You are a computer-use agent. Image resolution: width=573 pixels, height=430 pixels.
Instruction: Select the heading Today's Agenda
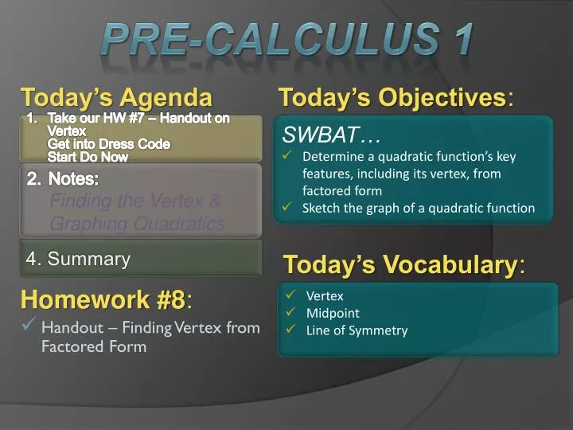[116, 98]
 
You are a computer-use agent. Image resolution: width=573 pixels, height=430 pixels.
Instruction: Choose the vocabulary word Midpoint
[333, 313]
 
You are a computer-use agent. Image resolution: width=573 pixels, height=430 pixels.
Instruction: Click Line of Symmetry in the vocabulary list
[357, 330]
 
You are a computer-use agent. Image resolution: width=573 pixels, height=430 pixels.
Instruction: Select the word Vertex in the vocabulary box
[325, 296]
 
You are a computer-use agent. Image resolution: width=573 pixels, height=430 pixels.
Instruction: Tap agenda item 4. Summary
[78, 259]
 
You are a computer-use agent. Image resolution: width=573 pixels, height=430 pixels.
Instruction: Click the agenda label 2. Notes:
[63, 179]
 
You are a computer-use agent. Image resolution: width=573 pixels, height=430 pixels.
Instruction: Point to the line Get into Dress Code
[108, 144]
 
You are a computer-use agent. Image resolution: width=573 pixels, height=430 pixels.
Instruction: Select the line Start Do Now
[88, 157]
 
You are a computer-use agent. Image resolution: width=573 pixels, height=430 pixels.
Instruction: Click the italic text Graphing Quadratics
[137, 224]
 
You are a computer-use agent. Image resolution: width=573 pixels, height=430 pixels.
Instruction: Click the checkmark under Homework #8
[29, 325]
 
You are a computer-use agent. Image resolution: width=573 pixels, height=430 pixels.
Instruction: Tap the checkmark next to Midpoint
[291, 313]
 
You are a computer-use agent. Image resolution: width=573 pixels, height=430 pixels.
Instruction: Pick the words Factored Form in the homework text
[94, 346]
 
